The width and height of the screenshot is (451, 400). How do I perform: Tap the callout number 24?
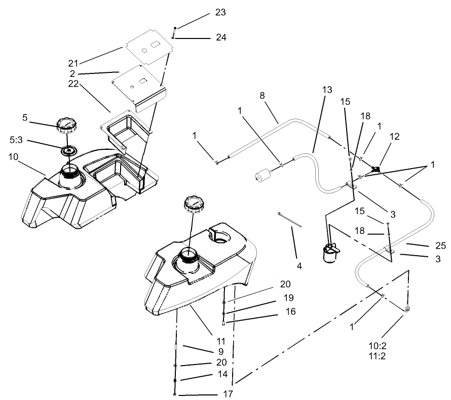pos(221,37)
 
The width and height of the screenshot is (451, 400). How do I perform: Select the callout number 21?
pos(74,63)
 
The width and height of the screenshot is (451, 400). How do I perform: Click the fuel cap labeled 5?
pos(66,125)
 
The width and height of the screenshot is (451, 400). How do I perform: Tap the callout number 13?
pos(326,90)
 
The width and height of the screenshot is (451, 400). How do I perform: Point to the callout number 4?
pos(299,265)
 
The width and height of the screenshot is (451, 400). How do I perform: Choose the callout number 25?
pos(440,246)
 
